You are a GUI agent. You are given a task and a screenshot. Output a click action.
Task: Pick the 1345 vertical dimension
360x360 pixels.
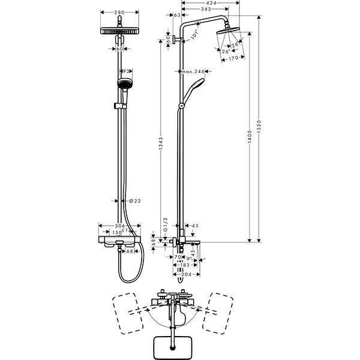pyautogui.click(x=160, y=145)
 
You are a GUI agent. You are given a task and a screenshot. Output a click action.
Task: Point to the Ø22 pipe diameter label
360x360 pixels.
pyautogui.click(x=135, y=200)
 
